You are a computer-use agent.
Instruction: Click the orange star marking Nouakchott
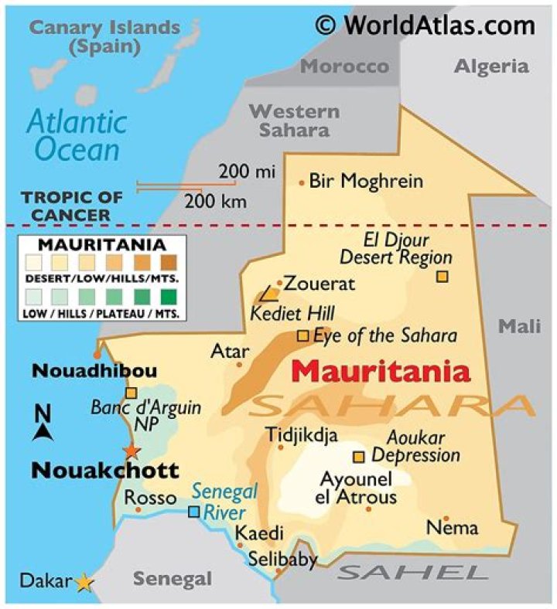132,451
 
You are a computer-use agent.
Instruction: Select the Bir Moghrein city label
366,182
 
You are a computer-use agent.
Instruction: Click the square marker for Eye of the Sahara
303,335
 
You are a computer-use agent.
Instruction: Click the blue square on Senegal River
194,511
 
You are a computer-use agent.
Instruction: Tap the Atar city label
230,352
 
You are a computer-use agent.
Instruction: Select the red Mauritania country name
381,372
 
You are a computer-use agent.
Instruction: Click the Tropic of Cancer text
66,206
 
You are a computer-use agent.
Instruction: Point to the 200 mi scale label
246,172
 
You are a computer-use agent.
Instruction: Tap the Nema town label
453,529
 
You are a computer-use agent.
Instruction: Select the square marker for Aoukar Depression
359,456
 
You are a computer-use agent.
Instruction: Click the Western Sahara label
294,121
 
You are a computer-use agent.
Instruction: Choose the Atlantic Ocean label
76,135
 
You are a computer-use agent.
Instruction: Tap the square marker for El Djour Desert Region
442,276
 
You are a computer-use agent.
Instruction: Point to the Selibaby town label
282,560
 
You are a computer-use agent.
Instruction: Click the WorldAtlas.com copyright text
425,25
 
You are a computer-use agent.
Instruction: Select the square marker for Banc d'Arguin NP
132,393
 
